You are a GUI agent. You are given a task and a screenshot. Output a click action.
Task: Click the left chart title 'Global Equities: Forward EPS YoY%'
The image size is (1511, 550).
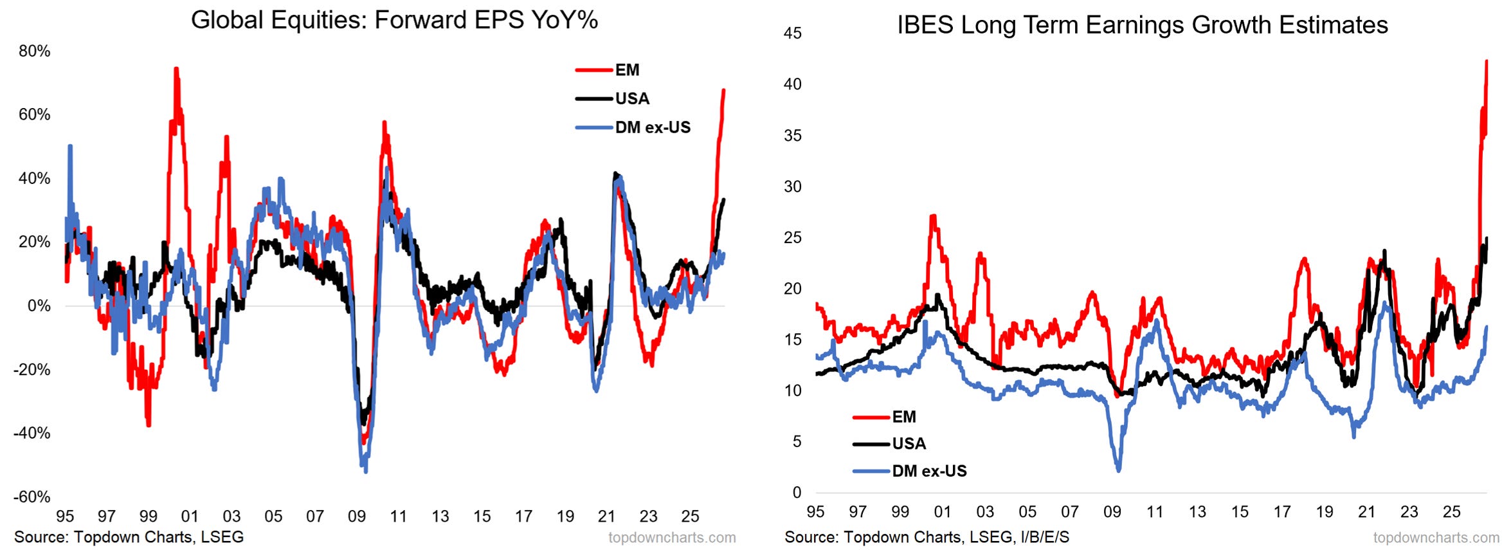(394, 21)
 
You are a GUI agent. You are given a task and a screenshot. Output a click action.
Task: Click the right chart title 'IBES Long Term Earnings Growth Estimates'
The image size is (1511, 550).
(1143, 25)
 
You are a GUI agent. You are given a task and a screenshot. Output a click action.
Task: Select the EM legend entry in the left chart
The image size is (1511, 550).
(608, 70)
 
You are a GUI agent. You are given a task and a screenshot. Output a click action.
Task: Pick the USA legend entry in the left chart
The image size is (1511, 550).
(613, 98)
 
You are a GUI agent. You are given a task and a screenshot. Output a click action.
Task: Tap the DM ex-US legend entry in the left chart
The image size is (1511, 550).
(633, 127)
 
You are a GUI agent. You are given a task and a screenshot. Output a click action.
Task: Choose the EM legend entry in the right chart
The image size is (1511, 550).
(885, 417)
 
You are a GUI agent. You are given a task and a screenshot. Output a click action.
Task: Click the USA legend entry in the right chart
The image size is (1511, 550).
(890, 444)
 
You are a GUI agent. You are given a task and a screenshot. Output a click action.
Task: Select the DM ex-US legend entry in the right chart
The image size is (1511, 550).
(910, 471)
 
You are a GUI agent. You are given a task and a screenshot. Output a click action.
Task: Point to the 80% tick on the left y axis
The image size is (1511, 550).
(35, 51)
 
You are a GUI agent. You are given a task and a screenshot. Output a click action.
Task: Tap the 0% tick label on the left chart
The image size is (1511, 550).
(39, 306)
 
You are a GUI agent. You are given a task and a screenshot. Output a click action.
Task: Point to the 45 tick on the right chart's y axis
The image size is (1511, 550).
(793, 33)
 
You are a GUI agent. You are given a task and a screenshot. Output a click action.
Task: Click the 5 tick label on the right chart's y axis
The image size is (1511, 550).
(797, 441)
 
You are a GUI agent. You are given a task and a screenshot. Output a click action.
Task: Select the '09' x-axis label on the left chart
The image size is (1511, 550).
(357, 517)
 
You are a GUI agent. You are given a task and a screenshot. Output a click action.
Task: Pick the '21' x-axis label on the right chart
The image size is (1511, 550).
(1367, 512)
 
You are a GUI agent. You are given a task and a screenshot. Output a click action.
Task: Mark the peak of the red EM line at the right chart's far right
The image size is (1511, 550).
(1487, 61)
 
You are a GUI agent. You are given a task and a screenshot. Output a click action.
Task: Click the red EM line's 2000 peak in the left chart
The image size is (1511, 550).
(176, 68)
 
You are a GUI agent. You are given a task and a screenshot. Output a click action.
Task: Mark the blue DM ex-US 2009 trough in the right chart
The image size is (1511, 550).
(1119, 470)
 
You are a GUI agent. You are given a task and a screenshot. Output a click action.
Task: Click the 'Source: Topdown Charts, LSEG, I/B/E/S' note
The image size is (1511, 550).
(927, 537)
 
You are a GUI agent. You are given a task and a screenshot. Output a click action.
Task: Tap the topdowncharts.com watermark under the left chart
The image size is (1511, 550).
(672, 538)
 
